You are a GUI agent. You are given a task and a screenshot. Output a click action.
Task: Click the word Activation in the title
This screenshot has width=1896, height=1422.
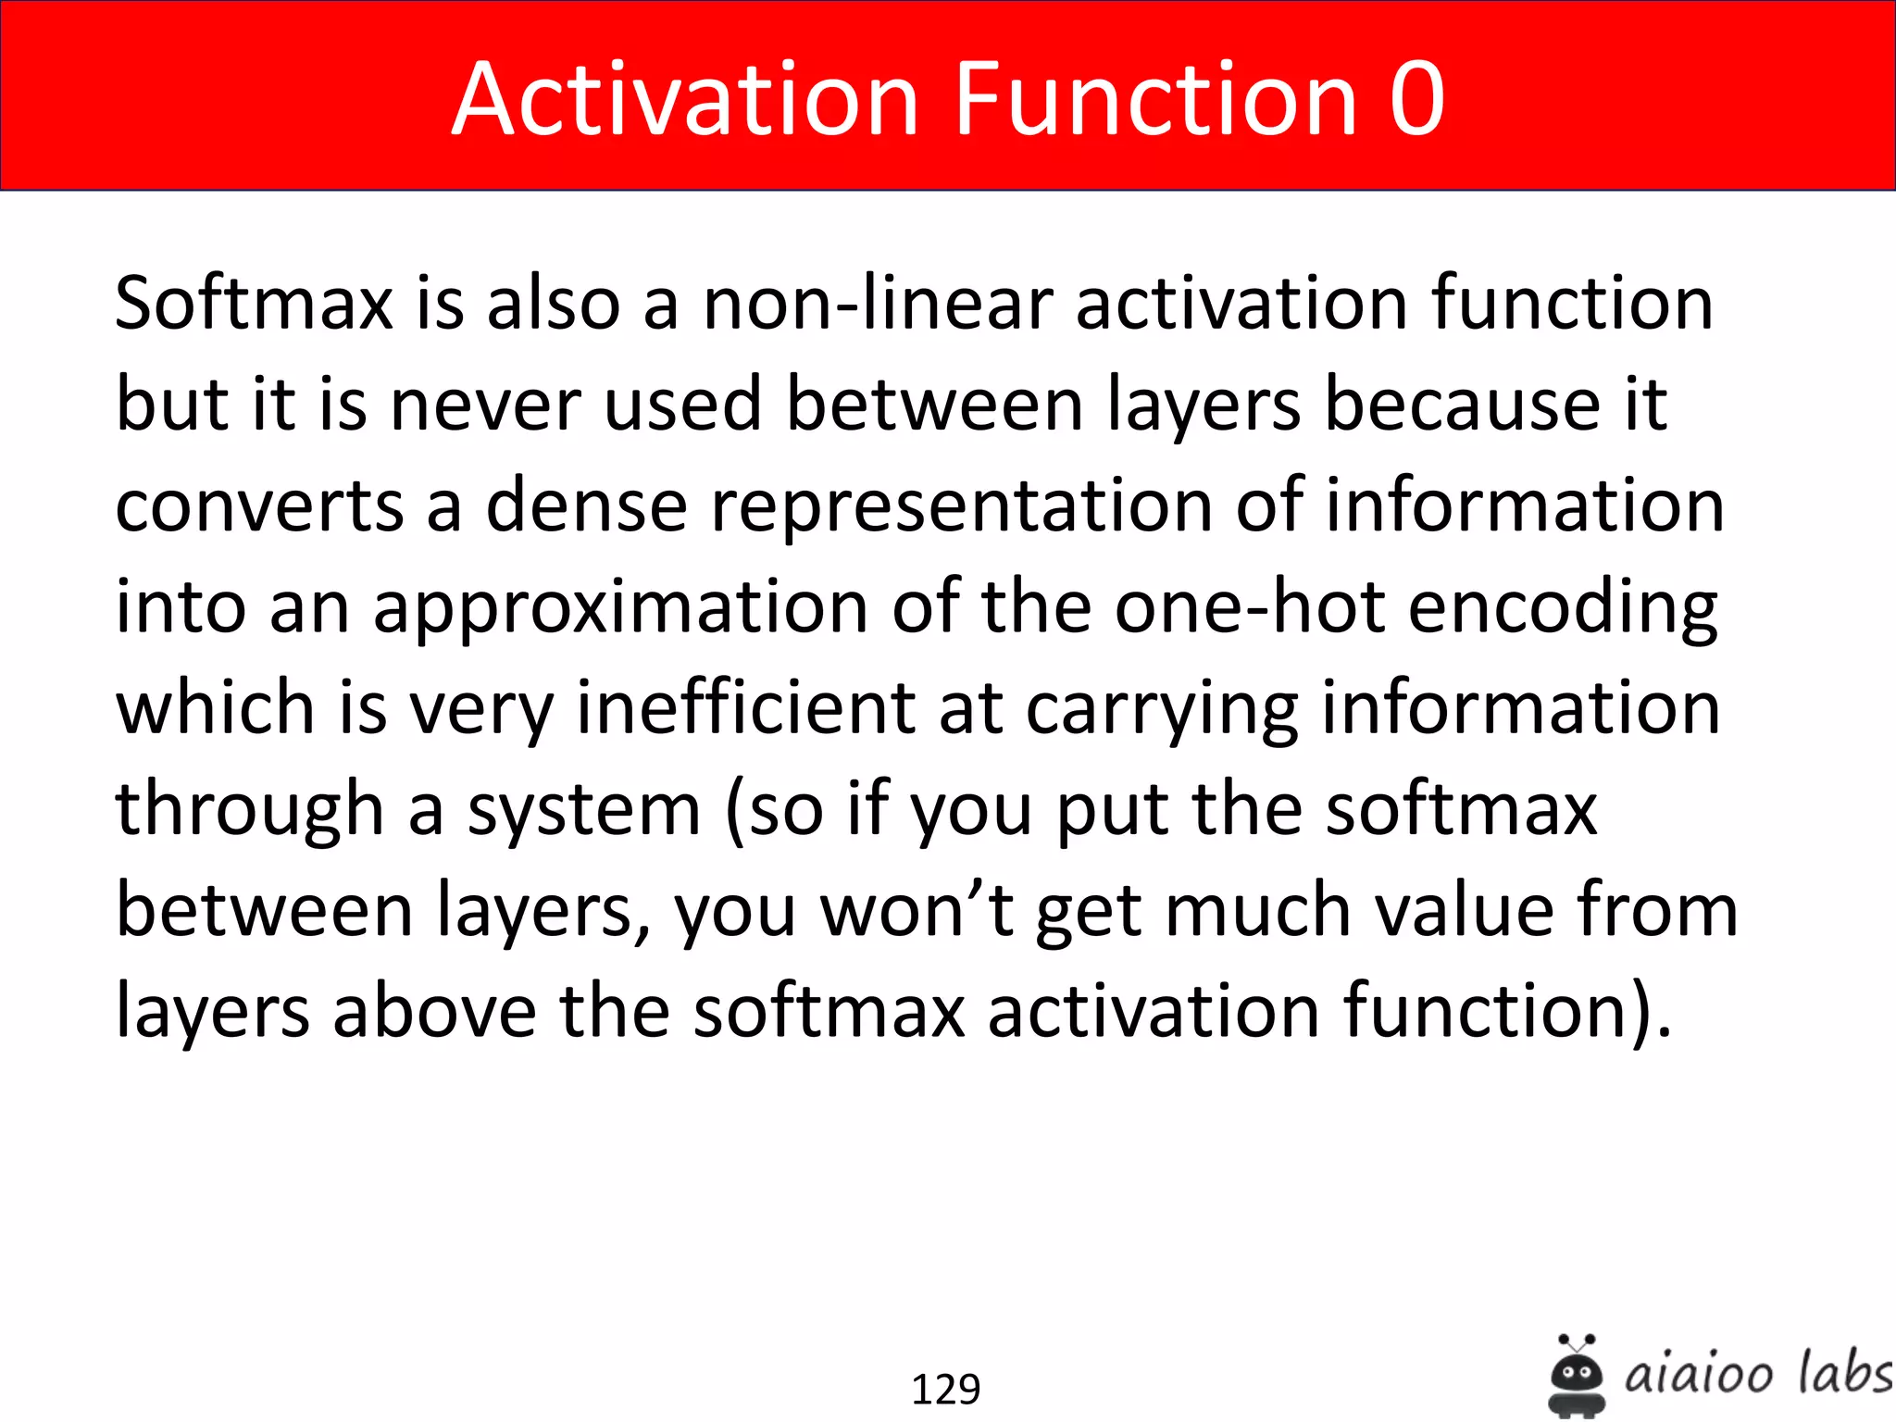pos(685,99)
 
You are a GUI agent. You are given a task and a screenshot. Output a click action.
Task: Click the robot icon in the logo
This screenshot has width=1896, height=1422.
pos(1576,1374)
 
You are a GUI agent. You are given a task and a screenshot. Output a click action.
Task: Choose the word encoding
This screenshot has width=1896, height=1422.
pos(1563,608)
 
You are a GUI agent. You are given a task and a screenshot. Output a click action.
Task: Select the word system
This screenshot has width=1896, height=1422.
pos(583,810)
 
